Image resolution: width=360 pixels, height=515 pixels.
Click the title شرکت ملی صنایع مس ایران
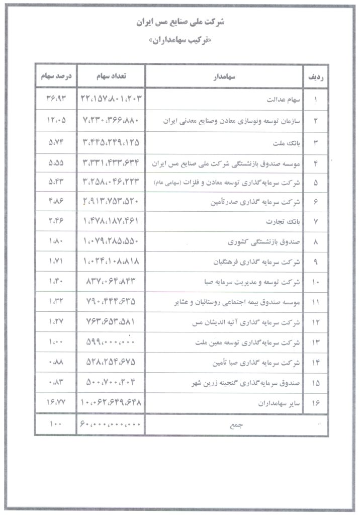click(x=181, y=23)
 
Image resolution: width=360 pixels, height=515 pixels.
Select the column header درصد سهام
click(x=55, y=76)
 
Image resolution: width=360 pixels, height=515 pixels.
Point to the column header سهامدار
click(x=224, y=77)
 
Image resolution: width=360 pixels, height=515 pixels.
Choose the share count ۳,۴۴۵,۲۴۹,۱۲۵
click(x=111, y=142)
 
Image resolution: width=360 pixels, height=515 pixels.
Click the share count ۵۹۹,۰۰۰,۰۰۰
click(x=111, y=343)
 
